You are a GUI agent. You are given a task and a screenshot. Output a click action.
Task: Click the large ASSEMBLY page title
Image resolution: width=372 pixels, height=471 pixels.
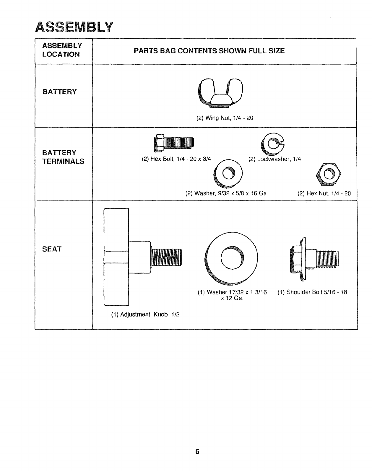(74, 27)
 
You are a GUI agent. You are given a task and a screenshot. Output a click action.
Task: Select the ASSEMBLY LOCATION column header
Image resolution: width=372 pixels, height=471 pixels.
(62, 50)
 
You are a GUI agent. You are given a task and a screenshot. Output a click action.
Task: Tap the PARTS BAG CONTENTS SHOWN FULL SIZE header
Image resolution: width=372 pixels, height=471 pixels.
(209, 51)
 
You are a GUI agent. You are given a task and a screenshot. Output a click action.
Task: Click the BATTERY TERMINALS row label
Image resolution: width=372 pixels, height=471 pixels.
(63, 157)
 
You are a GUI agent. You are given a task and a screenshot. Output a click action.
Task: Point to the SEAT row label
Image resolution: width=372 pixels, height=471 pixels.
(52, 249)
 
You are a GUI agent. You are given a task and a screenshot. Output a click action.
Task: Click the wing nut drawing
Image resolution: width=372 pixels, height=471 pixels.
(220, 93)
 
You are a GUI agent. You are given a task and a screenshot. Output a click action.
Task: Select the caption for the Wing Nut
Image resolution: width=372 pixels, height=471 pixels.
(225, 118)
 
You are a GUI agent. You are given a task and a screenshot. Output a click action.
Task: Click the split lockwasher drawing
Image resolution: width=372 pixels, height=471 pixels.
(272, 144)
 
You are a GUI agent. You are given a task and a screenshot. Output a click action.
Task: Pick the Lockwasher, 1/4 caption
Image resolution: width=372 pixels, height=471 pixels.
(274, 159)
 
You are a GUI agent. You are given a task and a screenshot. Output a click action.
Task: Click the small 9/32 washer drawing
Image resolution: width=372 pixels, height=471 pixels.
(228, 174)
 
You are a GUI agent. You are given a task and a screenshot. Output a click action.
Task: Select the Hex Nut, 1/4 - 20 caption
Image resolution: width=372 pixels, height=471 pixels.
(324, 193)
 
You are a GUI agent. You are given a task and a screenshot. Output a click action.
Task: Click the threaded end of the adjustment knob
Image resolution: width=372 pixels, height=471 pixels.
(167, 257)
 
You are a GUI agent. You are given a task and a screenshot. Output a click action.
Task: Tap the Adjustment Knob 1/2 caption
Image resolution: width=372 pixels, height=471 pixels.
(145, 314)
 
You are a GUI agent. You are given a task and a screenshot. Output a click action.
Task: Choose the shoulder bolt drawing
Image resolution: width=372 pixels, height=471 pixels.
(314, 259)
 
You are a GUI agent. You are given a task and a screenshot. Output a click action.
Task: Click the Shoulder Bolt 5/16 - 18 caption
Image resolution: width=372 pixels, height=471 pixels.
(312, 292)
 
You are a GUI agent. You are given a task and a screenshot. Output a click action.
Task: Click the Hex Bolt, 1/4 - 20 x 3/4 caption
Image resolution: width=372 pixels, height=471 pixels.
(176, 159)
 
